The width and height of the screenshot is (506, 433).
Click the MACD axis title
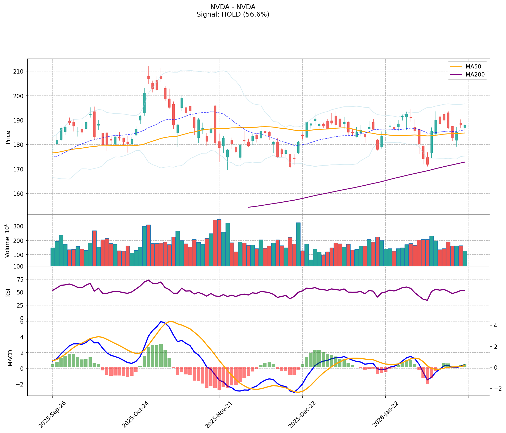point(10,358)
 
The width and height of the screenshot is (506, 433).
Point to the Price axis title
point(8,137)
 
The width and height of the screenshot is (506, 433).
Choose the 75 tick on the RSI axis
point(21,279)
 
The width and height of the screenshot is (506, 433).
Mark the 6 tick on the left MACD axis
point(22,322)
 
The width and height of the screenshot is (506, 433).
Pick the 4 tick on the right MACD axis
point(495,326)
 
